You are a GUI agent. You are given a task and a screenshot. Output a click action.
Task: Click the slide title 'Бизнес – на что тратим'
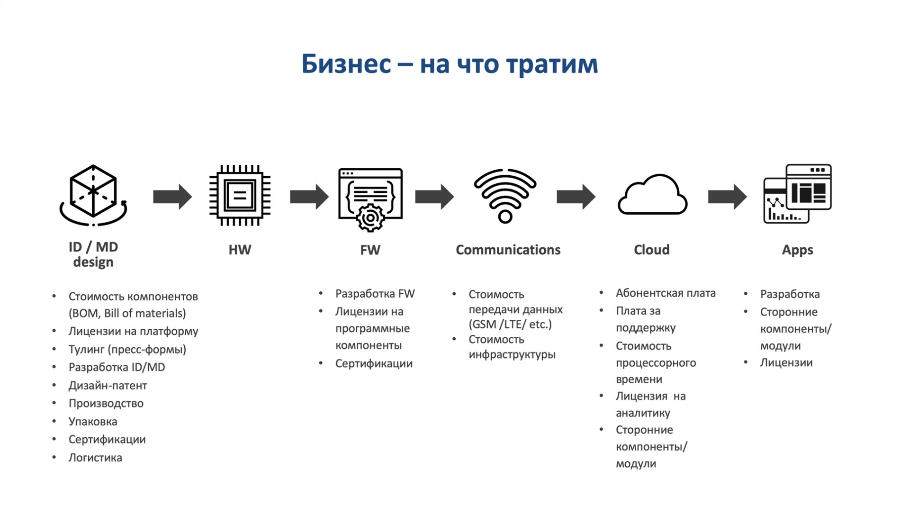450,64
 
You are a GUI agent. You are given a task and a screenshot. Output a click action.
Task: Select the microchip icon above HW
240,195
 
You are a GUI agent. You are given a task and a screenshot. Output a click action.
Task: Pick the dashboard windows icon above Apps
798,194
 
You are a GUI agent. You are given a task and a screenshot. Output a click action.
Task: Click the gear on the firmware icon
370,218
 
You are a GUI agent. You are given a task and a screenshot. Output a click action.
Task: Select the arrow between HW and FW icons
309,197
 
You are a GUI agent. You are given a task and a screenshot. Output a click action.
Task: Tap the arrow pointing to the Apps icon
727,197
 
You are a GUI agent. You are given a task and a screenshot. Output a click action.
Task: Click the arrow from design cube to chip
172,197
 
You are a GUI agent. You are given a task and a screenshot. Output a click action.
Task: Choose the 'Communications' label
508,250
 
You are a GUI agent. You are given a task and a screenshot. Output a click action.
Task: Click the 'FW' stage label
370,250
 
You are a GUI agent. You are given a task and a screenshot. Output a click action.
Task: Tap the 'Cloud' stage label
652,250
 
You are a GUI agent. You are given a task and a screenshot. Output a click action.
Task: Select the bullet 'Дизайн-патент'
108,386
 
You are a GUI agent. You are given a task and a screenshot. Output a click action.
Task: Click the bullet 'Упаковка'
93,422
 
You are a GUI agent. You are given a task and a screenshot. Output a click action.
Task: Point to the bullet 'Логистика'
95,458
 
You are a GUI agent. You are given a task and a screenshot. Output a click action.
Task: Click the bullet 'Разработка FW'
375,294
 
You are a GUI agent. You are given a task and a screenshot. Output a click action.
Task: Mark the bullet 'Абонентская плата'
666,293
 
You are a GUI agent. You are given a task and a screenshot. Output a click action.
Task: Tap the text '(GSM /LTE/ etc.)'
510,325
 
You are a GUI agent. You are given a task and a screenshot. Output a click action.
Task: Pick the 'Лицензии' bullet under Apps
786,363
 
